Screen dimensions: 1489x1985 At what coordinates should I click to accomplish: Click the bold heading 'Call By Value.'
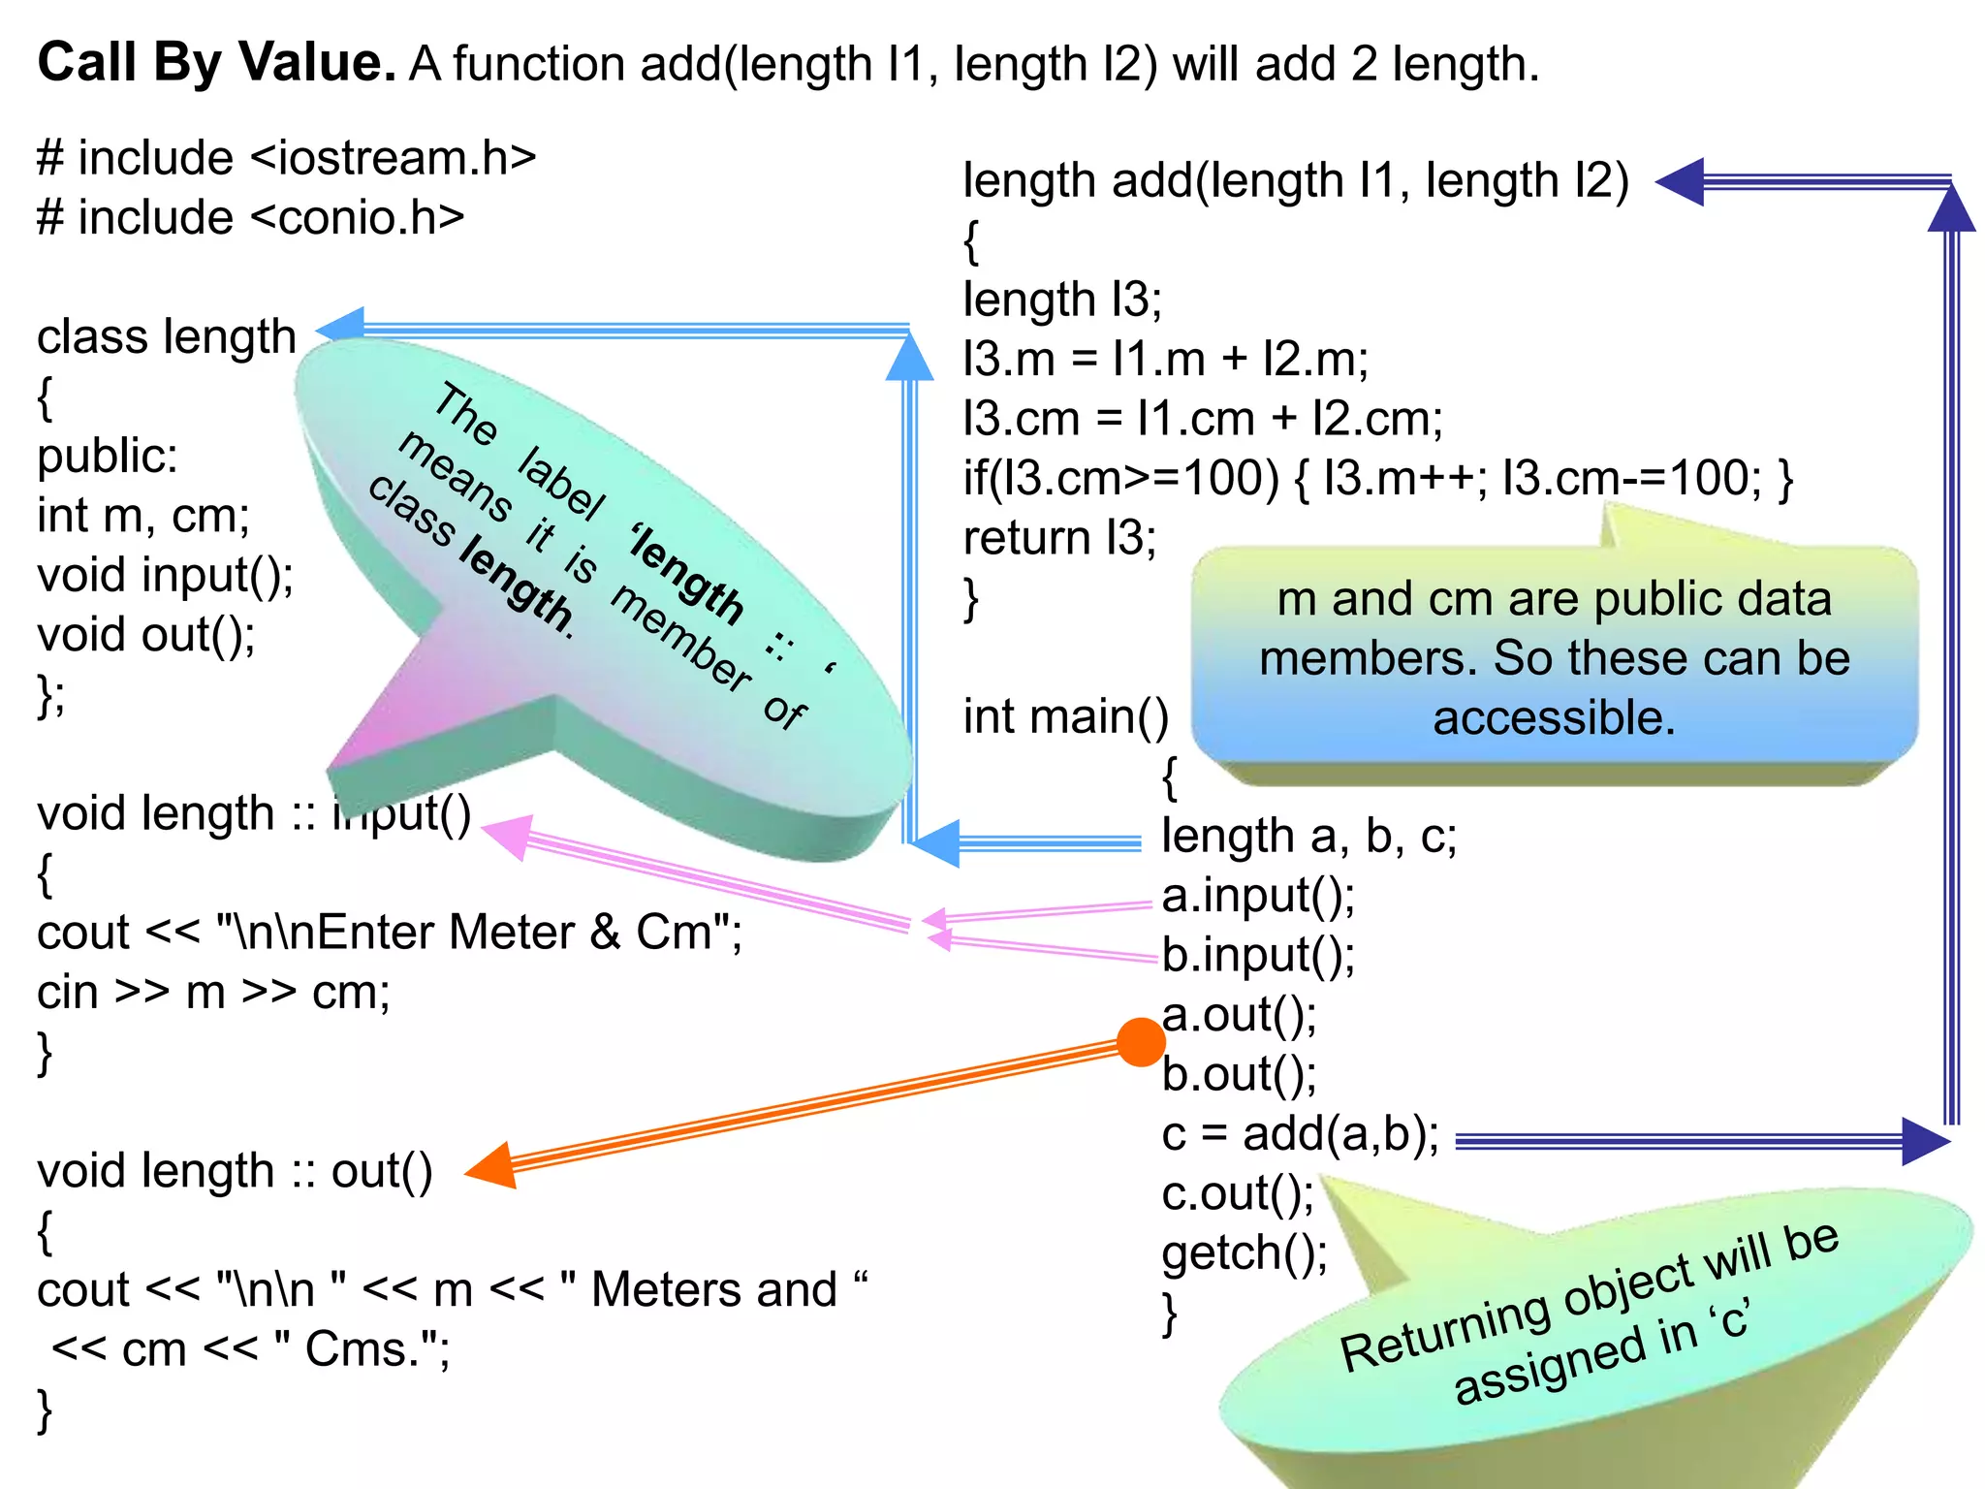click(x=216, y=63)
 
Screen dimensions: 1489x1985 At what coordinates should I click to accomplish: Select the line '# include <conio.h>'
click(x=250, y=217)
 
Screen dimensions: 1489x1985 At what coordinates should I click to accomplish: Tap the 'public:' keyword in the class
click(x=108, y=456)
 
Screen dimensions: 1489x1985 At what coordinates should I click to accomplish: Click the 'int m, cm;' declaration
click(x=143, y=515)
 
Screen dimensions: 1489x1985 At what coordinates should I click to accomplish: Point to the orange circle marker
click(x=1140, y=1042)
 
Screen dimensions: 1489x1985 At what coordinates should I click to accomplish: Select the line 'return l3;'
click(x=1059, y=538)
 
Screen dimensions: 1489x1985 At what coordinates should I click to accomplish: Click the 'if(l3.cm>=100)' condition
click(x=1120, y=478)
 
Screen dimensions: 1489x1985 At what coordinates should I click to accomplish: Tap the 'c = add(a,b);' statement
click(x=1300, y=1134)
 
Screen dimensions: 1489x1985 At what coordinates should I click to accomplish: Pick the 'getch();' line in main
click(x=1245, y=1252)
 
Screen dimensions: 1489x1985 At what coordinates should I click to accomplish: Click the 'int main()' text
click(x=1065, y=716)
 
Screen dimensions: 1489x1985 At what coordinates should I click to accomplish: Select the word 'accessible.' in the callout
click(x=1554, y=718)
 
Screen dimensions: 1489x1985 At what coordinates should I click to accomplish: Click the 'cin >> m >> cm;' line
click(x=213, y=992)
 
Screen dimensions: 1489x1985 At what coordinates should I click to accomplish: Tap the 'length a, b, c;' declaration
click(x=1308, y=836)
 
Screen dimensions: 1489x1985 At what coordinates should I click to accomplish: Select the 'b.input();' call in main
click(x=1258, y=955)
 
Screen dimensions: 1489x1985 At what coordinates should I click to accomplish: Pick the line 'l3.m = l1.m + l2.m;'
click(x=1165, y=359)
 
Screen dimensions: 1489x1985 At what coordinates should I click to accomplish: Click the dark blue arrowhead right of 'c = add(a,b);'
click(x=1923, y=1141)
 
